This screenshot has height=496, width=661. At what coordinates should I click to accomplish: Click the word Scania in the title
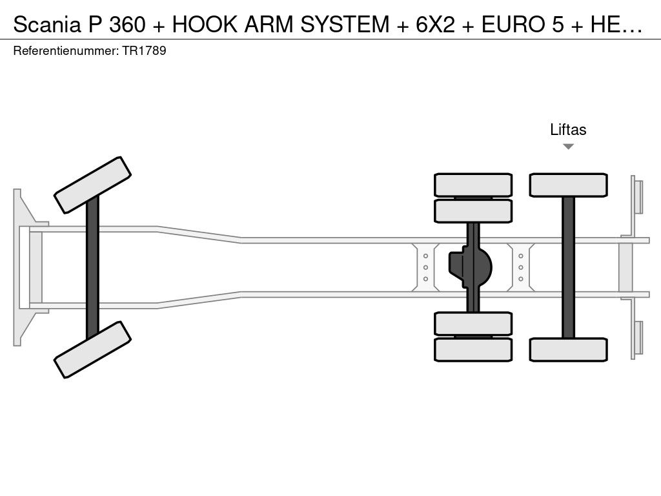click(46, 25)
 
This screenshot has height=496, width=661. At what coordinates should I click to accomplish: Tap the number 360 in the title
click(127, 25)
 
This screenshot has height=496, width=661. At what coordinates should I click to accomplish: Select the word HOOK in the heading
click(205, 25)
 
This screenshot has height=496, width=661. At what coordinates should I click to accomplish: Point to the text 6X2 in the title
click(436, 25)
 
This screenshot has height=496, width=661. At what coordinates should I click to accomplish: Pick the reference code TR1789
click(144, 50)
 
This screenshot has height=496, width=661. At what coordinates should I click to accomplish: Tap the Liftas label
click(568, 129)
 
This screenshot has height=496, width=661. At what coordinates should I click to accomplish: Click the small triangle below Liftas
click(568, 147)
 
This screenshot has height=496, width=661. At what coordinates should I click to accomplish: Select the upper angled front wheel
click(92, 185)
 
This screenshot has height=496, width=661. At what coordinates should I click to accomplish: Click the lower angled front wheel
click(92, 349)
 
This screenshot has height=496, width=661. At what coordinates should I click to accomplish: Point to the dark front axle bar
click(92, 267)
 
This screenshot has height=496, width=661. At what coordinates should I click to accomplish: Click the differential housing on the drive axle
click(471, 267)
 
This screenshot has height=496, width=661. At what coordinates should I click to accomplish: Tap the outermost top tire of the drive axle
click(473, 185)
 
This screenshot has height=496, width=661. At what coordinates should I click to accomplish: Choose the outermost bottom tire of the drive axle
click(473, 349)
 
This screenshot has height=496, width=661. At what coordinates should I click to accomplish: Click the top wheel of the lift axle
click(568, 185)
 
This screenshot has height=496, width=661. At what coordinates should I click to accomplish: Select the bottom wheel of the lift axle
click(568, 349)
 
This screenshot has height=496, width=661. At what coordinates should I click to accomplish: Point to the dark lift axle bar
click(568, 267)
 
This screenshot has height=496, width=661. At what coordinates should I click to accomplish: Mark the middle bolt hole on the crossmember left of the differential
click(425, 267)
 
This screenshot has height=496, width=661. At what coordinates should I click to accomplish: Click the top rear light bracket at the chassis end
click(636, 205)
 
